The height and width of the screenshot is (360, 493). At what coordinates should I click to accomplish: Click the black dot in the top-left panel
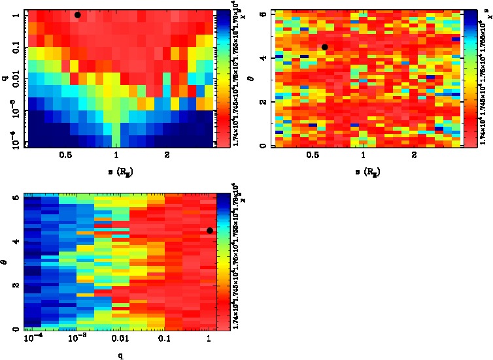pyautogui.click(x=78, y=14)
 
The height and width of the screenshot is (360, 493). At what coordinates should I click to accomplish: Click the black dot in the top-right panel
pyautogui.click(x=324, y=47)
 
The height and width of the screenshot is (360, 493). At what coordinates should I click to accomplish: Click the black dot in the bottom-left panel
pyautogui.click(x=209, y=230)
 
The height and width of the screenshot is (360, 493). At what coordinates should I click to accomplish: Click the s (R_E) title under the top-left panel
pyautogui.click(x=116, y=172)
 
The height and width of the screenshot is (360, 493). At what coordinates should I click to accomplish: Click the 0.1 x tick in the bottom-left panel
pyautogui.click(x=164, y=340)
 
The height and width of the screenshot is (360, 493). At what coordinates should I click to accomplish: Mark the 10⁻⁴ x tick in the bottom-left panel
pyautogui.click(x=31, y=340)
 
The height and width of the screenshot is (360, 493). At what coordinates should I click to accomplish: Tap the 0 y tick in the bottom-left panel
pyautogui.click(x=17, y=329)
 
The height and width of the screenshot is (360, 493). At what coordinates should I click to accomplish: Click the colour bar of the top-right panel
pyautogui.click(x=469, y=78)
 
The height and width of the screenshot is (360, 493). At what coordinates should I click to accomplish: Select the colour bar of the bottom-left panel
pyautogui.click(x=223, y=261)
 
